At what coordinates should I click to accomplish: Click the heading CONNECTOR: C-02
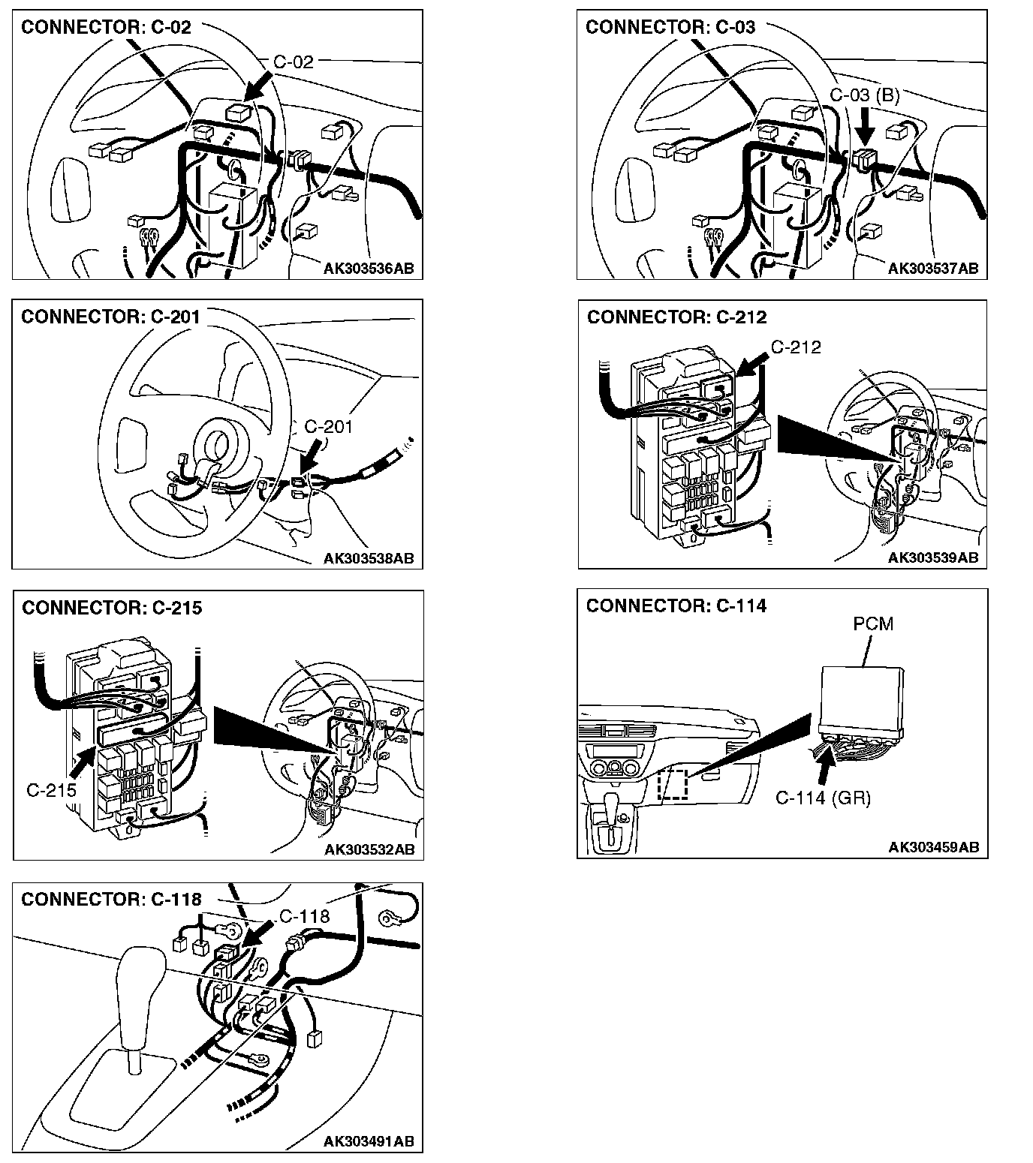pyautogui.click(x=106, y=28)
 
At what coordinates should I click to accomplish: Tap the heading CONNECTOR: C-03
pyautogui.click(x=670, y=28)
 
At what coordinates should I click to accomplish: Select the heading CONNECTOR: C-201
pyautogui.click(x=110, y=317)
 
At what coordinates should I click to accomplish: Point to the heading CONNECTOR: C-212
pyautogui.click(x=676, y=317)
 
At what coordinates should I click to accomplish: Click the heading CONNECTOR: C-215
pyautogui.click(x=112, y=608)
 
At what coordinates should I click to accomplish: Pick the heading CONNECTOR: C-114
pyautogui.click(x=676, y=606)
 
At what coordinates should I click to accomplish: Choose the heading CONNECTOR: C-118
pyautogui.click(x=111, y=899)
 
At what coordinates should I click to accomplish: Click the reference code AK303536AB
pyautogui.click(x=369, y=268)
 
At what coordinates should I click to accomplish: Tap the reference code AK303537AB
pyautogui.click(x=933, y=268)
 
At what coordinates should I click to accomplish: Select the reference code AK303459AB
pyautogui.click(x=933, y=847)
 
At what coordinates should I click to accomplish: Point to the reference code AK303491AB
pyautogui.click(x=369, y=1140)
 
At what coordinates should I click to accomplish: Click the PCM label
pyautogui.click(x=873, y=624)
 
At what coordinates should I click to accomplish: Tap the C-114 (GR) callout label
pyautogui.click(x=823, y=798)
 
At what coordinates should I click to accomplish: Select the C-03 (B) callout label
pyautogui.click(x=864, y=95)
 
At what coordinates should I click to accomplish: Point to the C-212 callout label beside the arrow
pyautogui.click(x=796, y=347)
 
